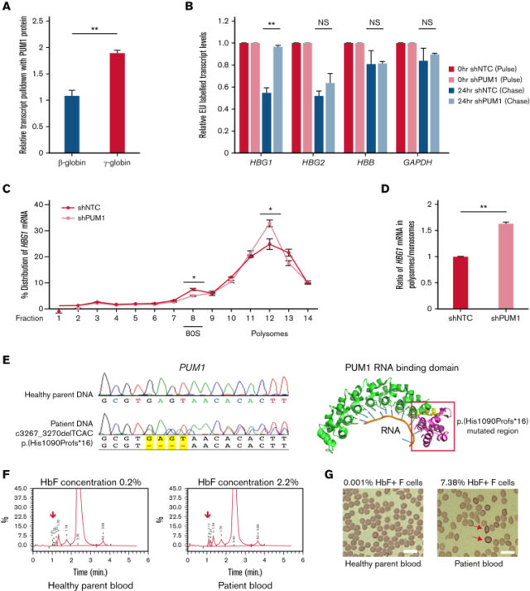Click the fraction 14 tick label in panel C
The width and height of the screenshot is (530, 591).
(306, 318)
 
